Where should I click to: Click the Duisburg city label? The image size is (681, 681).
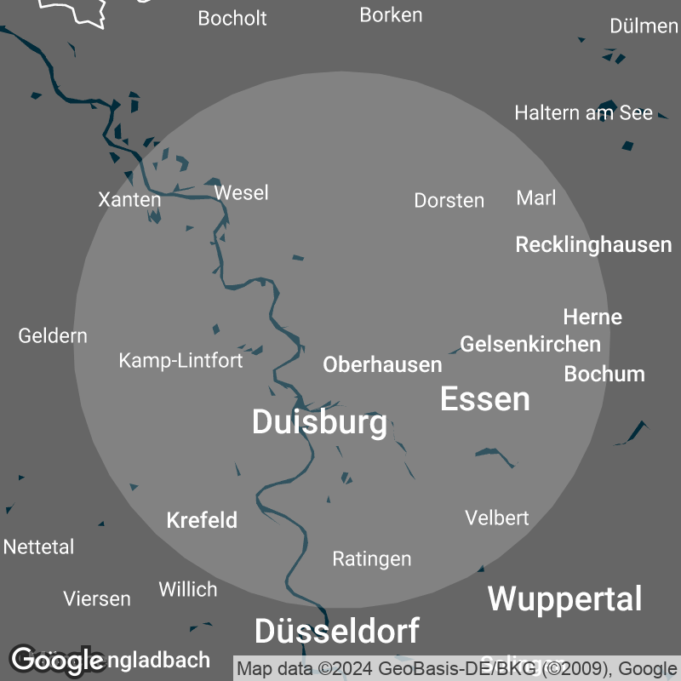point(319,422)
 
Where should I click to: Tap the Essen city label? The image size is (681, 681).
point(484,398)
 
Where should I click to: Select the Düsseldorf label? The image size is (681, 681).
point(336,631)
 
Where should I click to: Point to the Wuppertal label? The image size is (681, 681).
point(564,598)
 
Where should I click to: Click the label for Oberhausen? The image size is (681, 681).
point(382,365)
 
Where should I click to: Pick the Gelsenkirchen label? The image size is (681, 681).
point(530,344)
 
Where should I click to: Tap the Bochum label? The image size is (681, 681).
point(604,374)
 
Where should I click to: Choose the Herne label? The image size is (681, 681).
point(592,317)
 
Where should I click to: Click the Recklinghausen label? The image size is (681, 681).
point(593,245)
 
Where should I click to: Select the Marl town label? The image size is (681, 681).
point(536,198)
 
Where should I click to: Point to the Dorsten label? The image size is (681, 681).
point(449,201)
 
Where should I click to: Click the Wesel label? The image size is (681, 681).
point(241,193)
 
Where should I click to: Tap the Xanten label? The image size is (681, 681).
point(129,200)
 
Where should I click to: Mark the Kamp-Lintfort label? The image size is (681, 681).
point(180,361)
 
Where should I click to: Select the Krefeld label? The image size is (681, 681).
point(202,520)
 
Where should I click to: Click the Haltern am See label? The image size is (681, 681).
point(583,112)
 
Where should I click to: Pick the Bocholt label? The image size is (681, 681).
point(232,18)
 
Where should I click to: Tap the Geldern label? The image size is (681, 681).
point(53,336)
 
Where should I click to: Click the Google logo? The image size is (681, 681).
point(57,659)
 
